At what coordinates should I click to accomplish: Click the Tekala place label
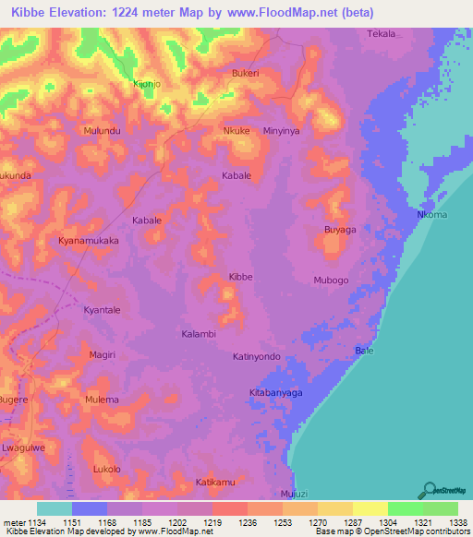pos(382,34)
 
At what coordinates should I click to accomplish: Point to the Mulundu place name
pos(103,132)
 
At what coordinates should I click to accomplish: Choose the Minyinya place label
pos(283,132)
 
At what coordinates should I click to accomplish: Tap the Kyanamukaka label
pos(89,240)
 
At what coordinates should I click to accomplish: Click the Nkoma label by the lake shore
pos(432,215)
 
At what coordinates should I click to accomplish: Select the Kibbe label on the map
pos(241,277)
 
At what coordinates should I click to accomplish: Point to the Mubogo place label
pos(331,280)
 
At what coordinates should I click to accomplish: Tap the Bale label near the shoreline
pos(364,351)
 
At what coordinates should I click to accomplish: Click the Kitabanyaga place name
pos(276,392)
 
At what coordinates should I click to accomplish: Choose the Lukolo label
pos(107,469)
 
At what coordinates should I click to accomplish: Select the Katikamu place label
pos(216,483)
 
